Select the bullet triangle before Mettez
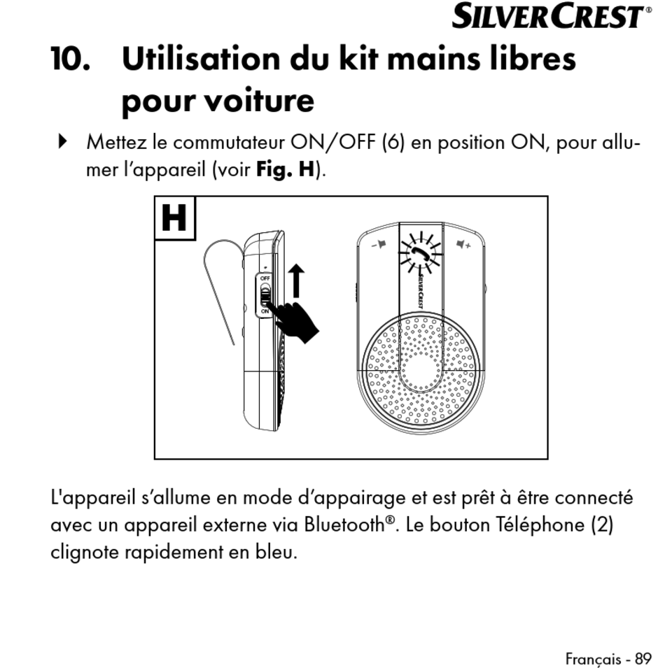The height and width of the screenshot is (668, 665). pos(63,142)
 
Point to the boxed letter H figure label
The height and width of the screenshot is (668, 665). pos(174,218)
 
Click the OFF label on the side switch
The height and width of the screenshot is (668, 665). pos(265,278)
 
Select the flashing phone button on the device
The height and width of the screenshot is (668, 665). pos(421,251)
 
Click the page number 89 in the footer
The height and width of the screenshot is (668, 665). pos(643,658)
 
